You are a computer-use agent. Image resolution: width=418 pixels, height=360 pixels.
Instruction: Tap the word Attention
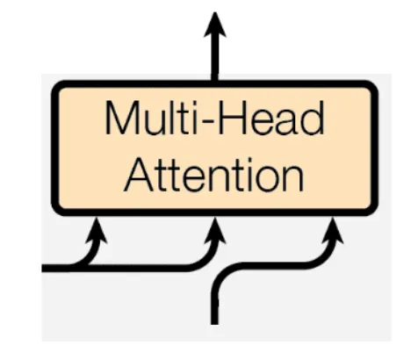(x=214, y=174)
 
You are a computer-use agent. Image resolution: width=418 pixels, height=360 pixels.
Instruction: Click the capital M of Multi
(x=120, y=119)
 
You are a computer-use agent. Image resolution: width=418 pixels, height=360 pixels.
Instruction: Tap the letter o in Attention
(x=267, y=179)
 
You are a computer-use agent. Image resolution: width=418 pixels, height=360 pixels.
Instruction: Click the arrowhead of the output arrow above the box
(x=215, y=25)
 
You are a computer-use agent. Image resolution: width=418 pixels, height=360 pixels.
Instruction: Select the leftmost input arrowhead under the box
(x=97, y=231)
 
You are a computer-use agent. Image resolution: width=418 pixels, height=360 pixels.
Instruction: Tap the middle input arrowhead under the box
(x=215, y=231)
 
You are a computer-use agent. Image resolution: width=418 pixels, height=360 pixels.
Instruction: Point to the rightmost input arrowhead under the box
(x=333, y=231)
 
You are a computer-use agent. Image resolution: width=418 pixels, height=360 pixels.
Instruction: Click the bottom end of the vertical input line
(x=214, y=324)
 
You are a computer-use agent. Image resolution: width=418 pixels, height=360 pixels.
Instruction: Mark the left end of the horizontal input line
(x=43, y=268)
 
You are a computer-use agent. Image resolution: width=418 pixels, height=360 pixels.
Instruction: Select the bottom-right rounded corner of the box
(x=371, y=209)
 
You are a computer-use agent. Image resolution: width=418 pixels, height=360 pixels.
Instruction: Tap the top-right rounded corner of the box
(x=371, y=87)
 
